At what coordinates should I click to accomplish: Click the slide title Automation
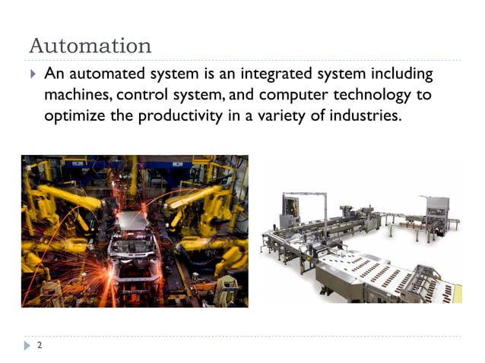(90, 45)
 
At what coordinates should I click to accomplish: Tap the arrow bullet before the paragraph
(32, 74)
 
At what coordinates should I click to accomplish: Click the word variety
(296, 117)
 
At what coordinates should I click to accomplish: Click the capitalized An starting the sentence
(54, 74)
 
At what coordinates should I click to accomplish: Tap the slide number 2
(40, 346)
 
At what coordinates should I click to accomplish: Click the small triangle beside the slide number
(29, 346)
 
